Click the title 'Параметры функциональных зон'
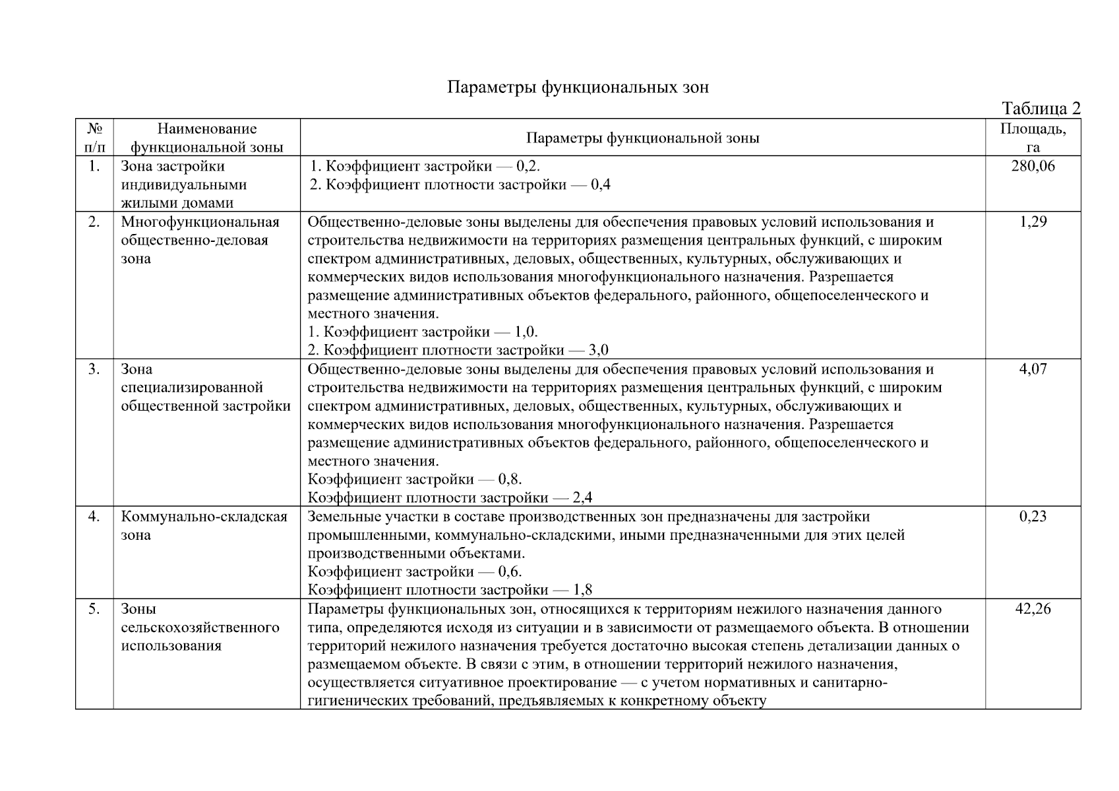click(x=578, y=87)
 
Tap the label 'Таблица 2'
click(x=1041, y=108)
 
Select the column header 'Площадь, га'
click(x=1033, y=138)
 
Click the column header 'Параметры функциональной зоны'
click(x=642, y=138)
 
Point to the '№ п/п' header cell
click(x=94, y=138)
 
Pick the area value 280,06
click(x=1033, y=166)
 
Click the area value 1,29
click(x=1033, y=221)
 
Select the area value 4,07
click(x=1033, y=369)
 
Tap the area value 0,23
click(x=1033, y=517)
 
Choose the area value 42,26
click(x=1033, y=609)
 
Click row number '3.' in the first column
click(x=94, y=369)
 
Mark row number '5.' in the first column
click(x=94, y=609)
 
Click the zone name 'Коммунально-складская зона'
click(x=204, y=525)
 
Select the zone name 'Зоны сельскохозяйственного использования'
click(x=200, y=627)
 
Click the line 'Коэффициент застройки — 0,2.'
click(x=425, y=166)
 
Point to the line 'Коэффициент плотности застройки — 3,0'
click(x=458, y=350)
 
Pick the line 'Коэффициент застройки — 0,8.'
click(x=415, y=479)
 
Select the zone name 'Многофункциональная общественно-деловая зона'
click(x=200, y=240)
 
